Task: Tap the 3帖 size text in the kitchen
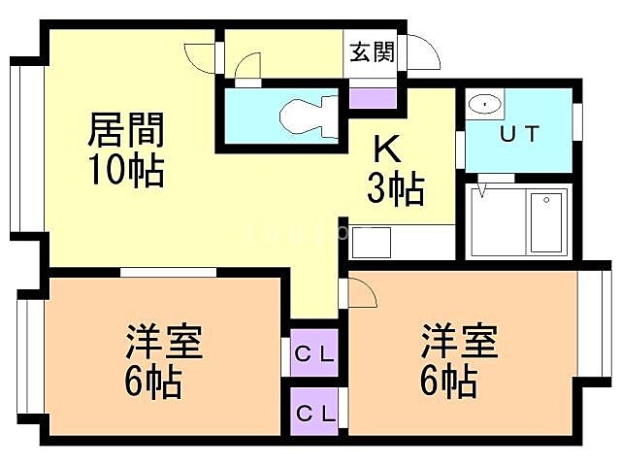click(394, 188)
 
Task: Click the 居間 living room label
click(126, 129)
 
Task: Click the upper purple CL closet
click(314, 354)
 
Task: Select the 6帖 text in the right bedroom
click(448, 381)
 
